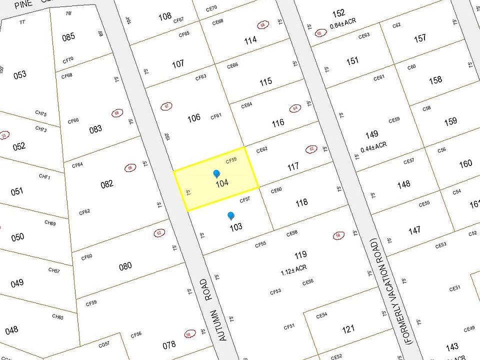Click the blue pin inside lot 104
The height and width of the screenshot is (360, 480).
pos(216,173)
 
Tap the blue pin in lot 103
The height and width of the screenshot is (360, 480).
pos(230,215)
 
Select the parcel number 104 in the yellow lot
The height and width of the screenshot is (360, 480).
pos(222,183)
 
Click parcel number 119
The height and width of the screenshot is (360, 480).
pos(300,255)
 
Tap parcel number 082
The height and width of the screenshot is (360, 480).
pos(107,184)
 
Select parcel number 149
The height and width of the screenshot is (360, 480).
pos(371,134)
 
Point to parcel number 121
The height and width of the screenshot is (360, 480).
pos(348,328)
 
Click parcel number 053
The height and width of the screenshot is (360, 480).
pos(20,75)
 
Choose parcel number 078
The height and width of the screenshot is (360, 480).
pos(169,344)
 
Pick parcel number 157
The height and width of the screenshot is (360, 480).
pos(420,38)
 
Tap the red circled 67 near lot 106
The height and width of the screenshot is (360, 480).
pos(166,106)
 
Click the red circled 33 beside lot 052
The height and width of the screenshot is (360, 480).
pos(4,135)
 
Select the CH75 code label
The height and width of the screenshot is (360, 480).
pos(41,114)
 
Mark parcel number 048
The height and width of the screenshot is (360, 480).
pos(11,329)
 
